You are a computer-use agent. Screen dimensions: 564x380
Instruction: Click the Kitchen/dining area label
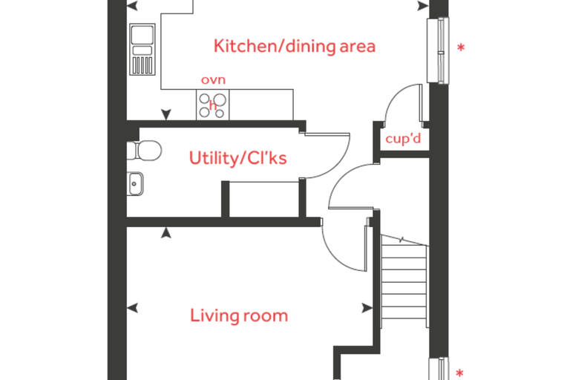295,47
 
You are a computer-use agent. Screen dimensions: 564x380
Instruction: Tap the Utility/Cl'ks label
237,158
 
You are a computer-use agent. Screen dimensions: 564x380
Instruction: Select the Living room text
239,315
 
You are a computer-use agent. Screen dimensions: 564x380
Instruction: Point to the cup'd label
403,138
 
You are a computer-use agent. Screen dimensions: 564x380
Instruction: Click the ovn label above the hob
213,80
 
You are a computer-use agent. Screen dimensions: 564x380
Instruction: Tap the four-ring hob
212,105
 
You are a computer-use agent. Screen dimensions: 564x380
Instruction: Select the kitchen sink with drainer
142,49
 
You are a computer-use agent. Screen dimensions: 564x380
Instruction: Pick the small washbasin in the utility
135,183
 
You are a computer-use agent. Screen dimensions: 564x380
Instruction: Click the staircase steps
404,281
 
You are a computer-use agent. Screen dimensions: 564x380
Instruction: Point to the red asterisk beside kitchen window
461,47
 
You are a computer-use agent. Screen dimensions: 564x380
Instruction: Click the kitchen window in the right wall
438,50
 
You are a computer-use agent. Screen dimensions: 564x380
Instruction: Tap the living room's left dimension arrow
132,308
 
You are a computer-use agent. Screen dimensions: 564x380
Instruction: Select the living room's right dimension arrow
367,308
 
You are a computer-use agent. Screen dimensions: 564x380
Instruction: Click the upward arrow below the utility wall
165,232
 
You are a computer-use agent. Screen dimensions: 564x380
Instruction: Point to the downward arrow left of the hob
165,114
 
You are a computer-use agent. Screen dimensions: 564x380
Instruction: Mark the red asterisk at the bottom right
459,373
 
